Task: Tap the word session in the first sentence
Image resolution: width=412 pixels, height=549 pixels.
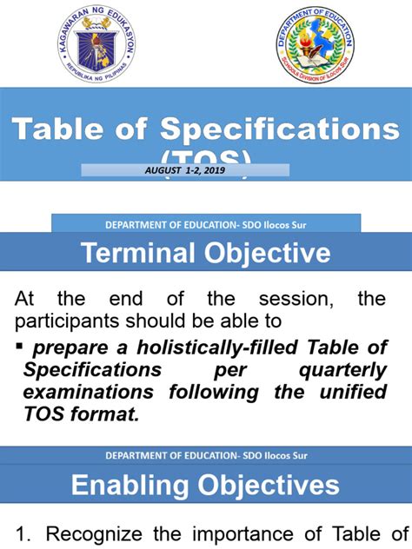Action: (289, 300)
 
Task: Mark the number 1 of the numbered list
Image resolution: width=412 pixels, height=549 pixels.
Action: (21, 534)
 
